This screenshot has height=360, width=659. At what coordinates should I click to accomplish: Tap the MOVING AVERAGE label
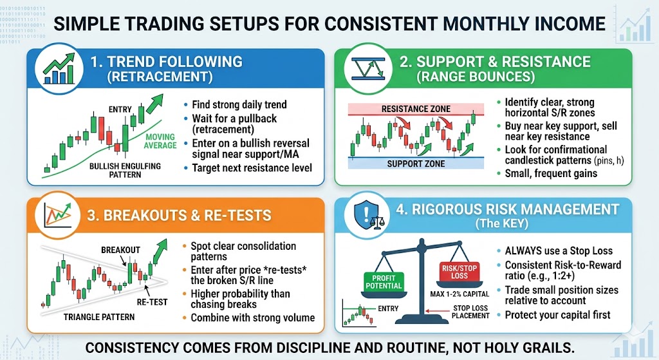point(161,141)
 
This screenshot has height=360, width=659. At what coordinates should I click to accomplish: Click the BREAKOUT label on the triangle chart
point(120,249)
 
